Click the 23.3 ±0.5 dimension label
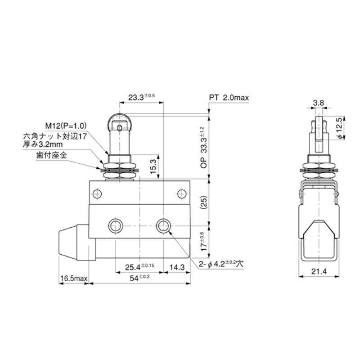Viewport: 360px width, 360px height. [x=141, y=96]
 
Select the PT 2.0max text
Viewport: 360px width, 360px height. [x=229, y=98]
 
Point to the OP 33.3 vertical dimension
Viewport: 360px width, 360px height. [x=203, y=147]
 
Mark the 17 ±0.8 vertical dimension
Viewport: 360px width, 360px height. [x=203, y=242]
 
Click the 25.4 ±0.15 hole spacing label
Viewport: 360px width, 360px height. [x=139, y=266]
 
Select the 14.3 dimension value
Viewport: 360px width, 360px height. [x=176, y=266]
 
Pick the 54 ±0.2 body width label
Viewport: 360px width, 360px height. [x=139, y=278]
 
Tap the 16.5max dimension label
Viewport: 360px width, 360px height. [x=73, y=279]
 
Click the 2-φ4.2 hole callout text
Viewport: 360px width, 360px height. [x=220, y=265]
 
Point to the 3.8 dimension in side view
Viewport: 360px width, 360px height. [x=319, y=103]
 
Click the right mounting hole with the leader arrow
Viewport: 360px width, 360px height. [x=162, y=225]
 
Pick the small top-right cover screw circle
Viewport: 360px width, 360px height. [x=181, y=194]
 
